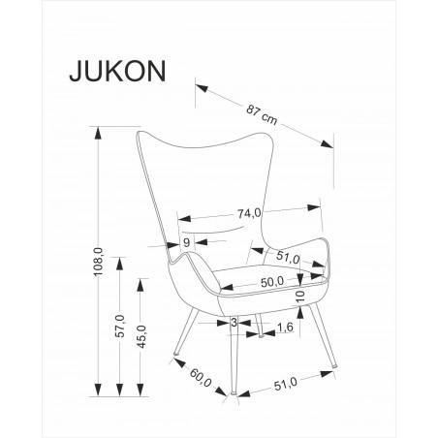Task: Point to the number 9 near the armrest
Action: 186,241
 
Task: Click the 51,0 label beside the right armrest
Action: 288,258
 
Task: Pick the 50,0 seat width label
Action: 272,281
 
